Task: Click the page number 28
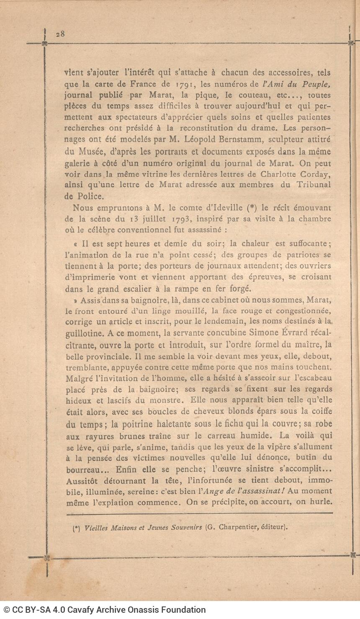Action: tap(60, 34)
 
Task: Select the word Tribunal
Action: tap(314, 185)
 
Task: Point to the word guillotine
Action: tap(83, 333)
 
